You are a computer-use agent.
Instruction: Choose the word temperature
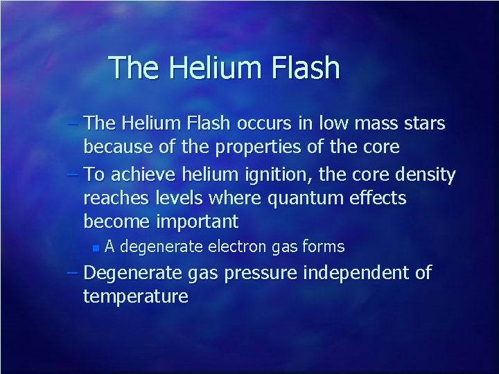click(x=135, y=296)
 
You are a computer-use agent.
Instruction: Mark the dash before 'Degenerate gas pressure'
click(x=74, y=273)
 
